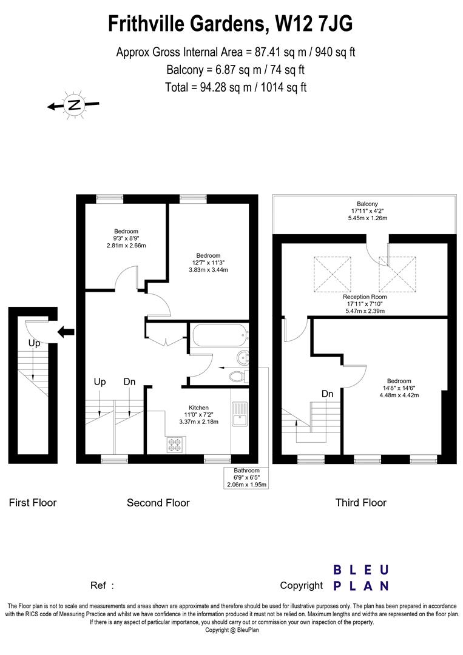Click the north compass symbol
point(73,106)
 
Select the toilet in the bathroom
point(239,376)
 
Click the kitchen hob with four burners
point(175,445)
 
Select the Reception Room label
point(364,297)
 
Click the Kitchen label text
point(198,408)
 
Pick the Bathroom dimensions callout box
point(246,478)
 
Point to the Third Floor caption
point(360,502)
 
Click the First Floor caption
point(33,502)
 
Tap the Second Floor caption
point(158,502)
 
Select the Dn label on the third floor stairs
point(328,394)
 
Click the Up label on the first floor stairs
point(34,343)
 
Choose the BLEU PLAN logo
point(360,577)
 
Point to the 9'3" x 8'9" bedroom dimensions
point(126,238)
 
